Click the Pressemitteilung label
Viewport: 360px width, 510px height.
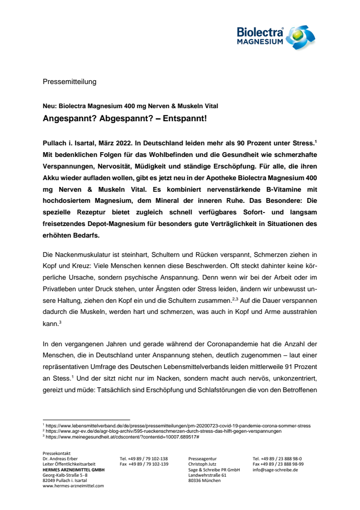coord(69,82)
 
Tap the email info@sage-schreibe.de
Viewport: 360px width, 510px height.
coord(276,469)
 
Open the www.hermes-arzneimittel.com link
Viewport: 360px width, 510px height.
coord(73,486)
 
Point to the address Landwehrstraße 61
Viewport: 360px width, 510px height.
coord(208,475)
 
